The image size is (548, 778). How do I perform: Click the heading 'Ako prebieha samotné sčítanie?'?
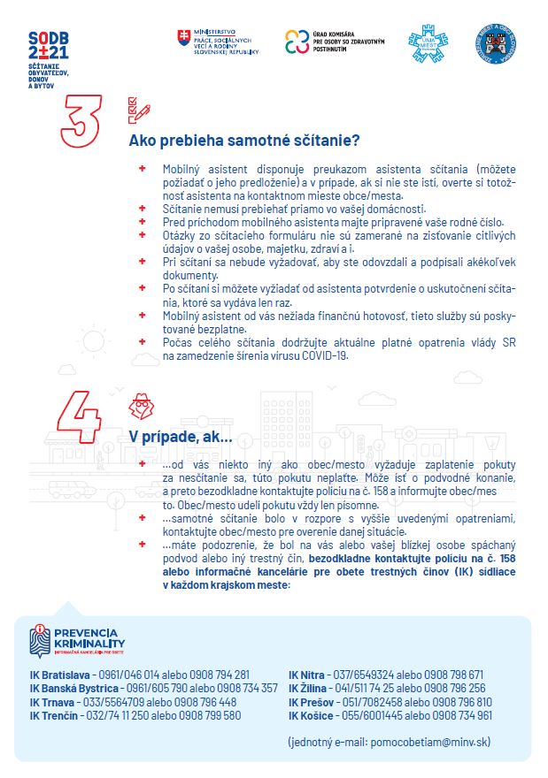pos(243,141)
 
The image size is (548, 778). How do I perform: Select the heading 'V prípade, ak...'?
pos(181,437)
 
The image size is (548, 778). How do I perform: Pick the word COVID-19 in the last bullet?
pos(326,356)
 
